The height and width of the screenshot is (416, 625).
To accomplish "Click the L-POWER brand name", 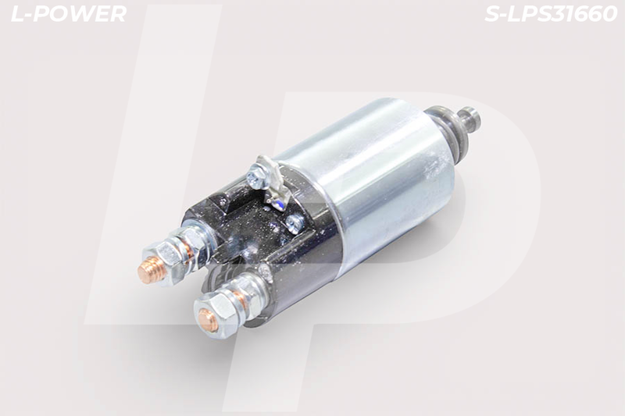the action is [69, 14].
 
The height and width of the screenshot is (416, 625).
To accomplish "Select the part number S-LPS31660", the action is [551, 14].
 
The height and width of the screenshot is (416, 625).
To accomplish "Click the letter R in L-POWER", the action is [118, 14].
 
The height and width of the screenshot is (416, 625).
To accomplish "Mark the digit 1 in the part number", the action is [570, 14].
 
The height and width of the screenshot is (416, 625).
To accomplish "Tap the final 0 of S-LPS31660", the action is [609, 14].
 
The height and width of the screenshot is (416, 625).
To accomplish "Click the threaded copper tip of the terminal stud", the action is [148, 271].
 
